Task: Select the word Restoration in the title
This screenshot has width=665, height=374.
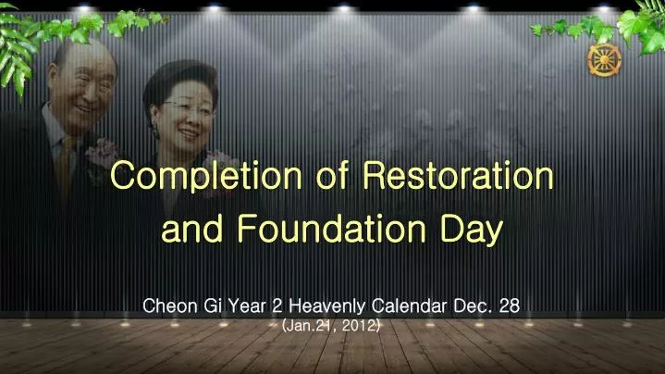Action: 458,175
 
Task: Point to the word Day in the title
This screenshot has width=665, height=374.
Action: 469,230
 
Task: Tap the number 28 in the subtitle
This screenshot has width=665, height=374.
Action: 509,305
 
